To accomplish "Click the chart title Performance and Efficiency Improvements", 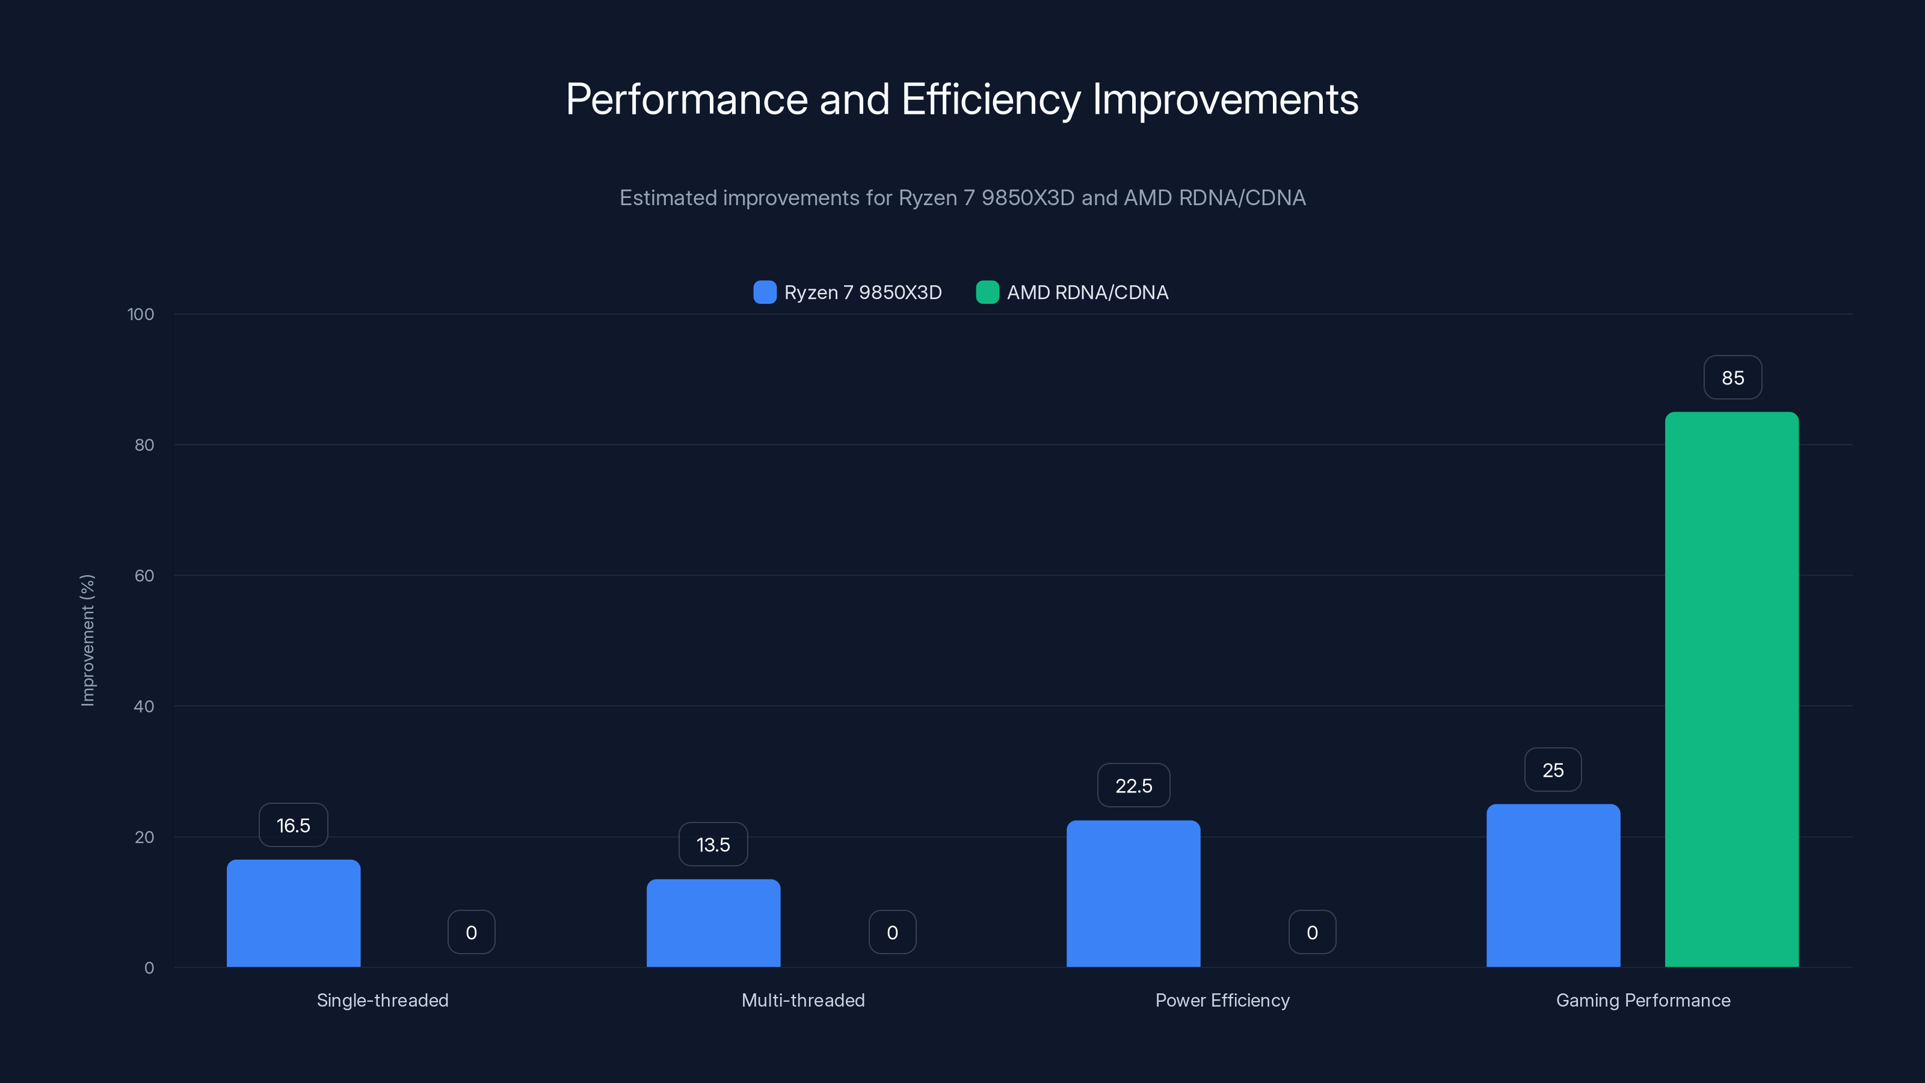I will (x=962, y=99).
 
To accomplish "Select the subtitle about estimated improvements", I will (x=962, y=198).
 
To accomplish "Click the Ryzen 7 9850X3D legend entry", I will (x=848, y=292).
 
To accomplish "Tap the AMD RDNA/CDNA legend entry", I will (x=1073, y=292).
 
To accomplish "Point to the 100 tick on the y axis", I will (x=141, y=315).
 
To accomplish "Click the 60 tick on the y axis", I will (x=144, y=576).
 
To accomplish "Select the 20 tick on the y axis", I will (x=144, y=837).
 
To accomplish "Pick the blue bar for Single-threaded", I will (x=293, y=913).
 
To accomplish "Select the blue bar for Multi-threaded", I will (x=713, y=923).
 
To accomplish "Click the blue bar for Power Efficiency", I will (x=1133, y=894).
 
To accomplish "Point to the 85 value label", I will (x=1732, y=378).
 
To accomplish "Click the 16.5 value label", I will (x=293, y=825).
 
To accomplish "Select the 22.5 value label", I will (x=1133, y=786).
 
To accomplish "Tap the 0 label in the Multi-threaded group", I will (x=892, y=932).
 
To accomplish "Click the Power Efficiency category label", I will (x=1222, y=1000).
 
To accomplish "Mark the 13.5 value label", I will (x=713, y=845).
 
